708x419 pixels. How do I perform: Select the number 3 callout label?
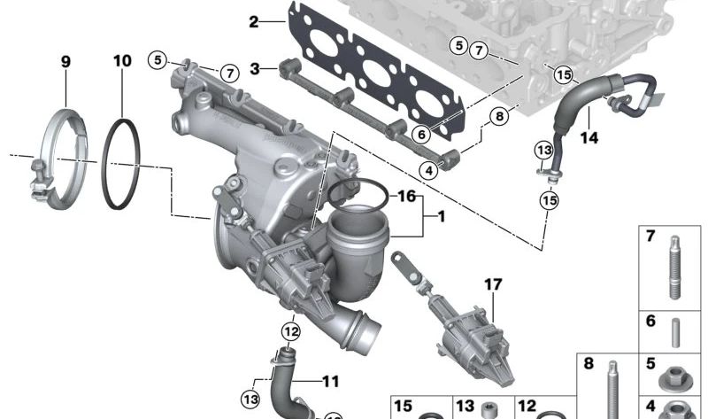click(255, 68)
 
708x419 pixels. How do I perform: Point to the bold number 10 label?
click(122, 61)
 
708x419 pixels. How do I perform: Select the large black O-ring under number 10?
click(122, 166)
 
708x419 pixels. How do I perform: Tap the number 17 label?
click(493, 284)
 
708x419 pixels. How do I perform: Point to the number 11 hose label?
click(329, 382)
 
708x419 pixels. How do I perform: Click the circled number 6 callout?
click(420, 134)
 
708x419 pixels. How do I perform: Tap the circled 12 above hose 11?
click(291, 331)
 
